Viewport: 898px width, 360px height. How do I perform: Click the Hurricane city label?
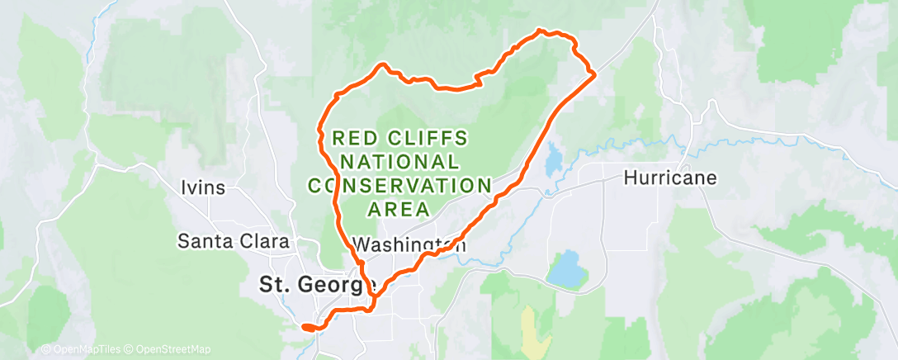pyautogui.click(x=669, y=178)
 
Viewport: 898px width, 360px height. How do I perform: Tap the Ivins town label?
pyautogui.click(x=202, y=187)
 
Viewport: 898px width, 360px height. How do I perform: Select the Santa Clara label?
pyautogui.click(x=234, y=242)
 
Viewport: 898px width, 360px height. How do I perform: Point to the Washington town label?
pyautogui.click(x=409, y=244)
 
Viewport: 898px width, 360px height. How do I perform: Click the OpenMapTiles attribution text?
pyautogui.click(x=80, y=349)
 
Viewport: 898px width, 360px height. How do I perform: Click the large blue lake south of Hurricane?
pyautogui.click(x=563, y=268)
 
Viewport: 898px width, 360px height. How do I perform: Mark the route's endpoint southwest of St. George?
pyautogui.click(x=305, y=327)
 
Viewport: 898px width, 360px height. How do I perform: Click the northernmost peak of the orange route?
pyautogui.click(x=541, y=31)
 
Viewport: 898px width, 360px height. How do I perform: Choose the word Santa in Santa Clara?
pyautogui.click(x=203, y=242)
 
